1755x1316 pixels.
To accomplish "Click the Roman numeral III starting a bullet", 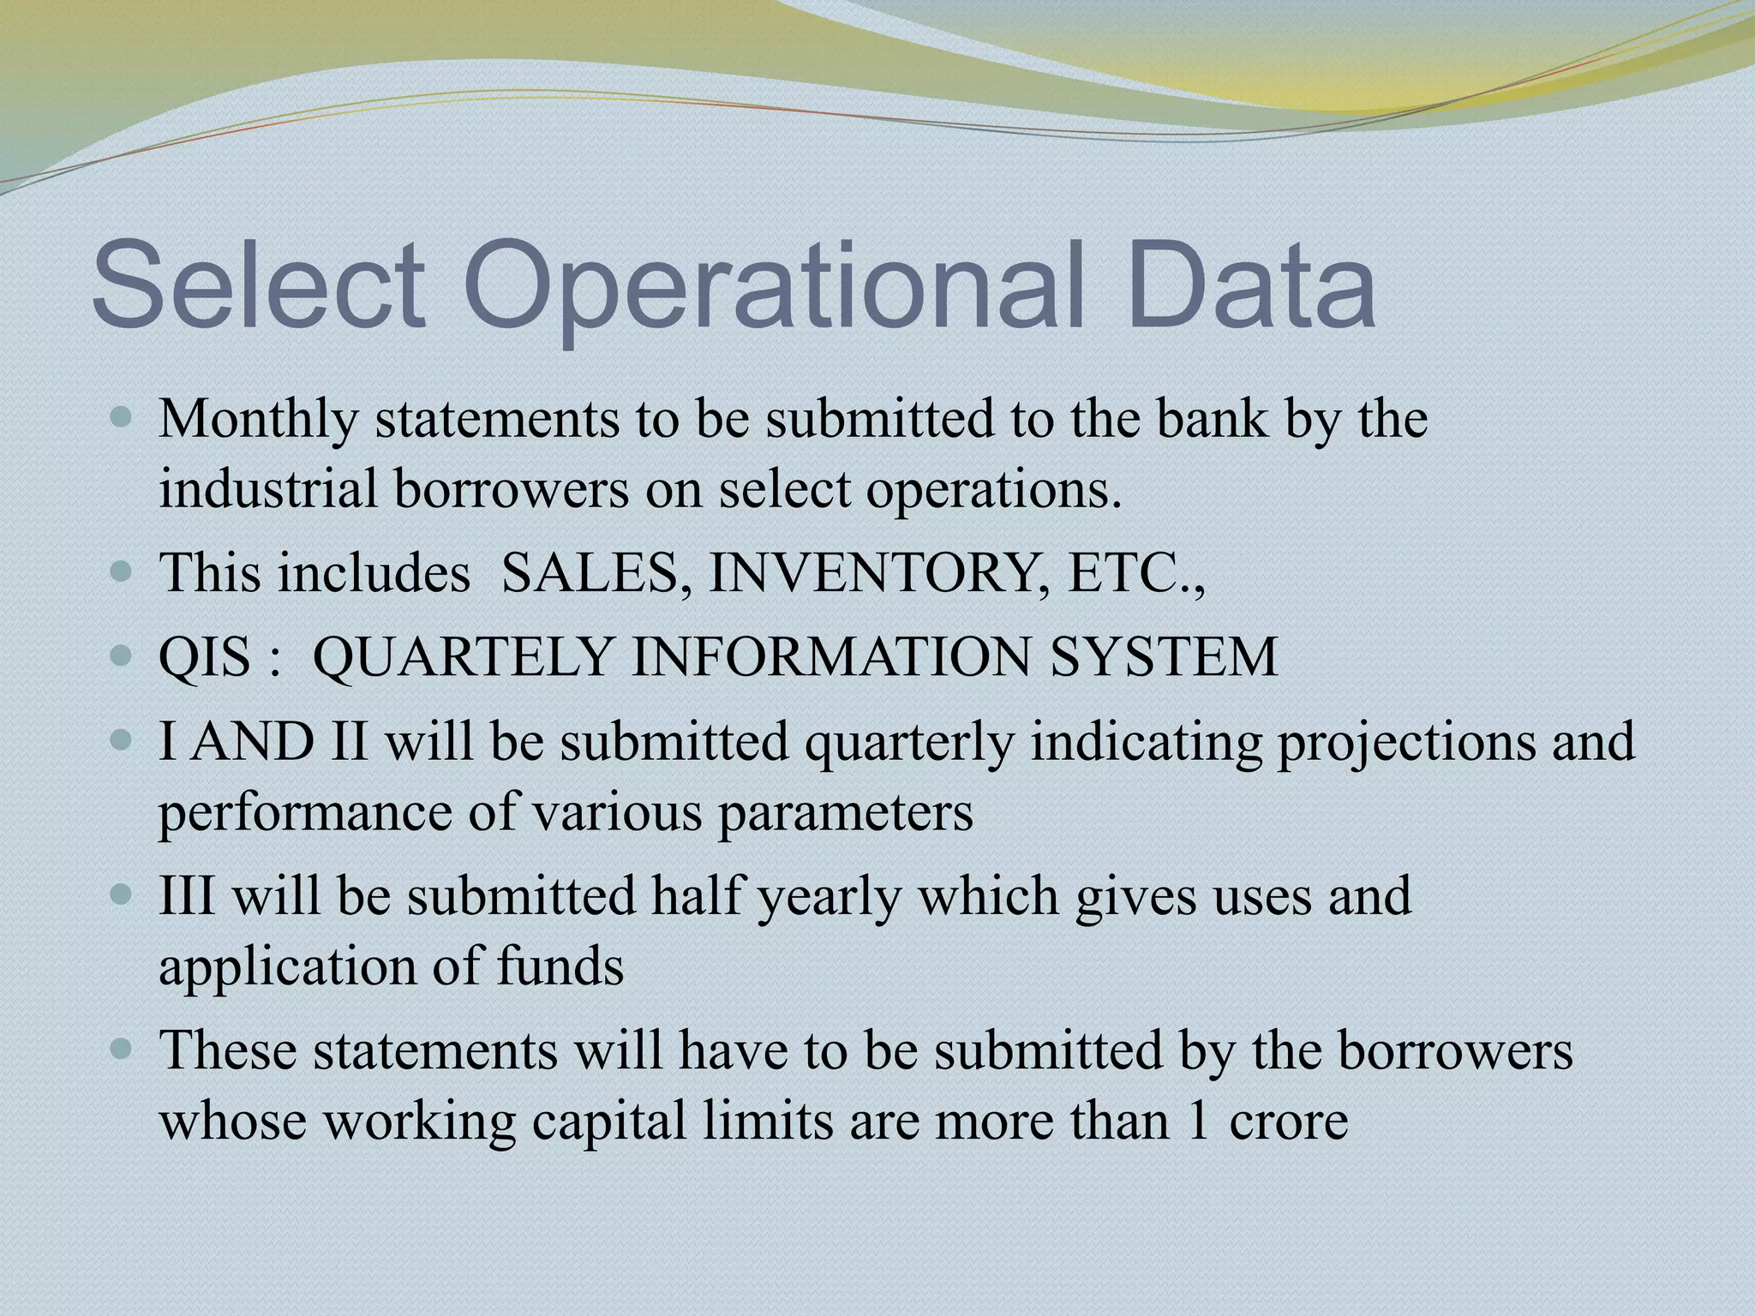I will [x=187, y=896].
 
